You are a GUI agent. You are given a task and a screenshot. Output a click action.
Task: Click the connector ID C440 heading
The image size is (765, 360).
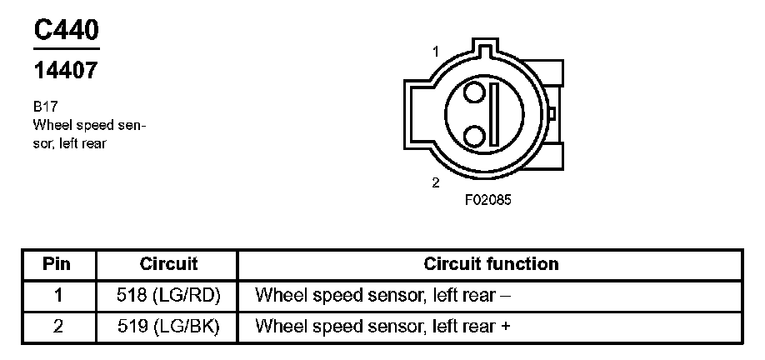pos(66,29)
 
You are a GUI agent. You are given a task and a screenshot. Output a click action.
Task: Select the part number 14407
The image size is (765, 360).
pos(66,72)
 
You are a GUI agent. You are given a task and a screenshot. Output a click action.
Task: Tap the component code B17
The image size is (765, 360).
pos(45,108)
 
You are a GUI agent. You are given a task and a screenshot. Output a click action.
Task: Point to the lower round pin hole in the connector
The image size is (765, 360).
pos(475,133)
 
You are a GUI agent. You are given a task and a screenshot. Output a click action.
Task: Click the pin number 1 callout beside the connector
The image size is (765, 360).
pos(435,52)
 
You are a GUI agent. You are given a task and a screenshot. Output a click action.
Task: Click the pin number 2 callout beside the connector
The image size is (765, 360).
pos(435,182)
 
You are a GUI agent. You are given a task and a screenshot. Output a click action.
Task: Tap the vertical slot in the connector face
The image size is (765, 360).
pos(493,112)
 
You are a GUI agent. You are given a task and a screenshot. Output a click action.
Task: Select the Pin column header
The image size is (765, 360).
pos(57,264)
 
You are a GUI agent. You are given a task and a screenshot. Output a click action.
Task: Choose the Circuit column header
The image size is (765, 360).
pos(168,264)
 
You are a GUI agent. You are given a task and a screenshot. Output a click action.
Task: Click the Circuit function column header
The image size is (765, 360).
pos(491,264)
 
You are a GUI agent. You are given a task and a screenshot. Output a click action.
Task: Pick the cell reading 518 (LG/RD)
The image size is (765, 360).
pos(168,295)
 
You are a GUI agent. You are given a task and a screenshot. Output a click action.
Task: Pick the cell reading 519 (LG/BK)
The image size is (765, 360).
pos(168,327)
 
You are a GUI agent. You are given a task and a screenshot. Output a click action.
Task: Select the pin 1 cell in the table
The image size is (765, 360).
pos(57,295)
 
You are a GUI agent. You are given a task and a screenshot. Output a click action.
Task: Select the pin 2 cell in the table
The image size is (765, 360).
pos(57,327)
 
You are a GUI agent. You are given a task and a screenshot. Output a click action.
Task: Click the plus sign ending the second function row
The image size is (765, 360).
pos(505,327)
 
